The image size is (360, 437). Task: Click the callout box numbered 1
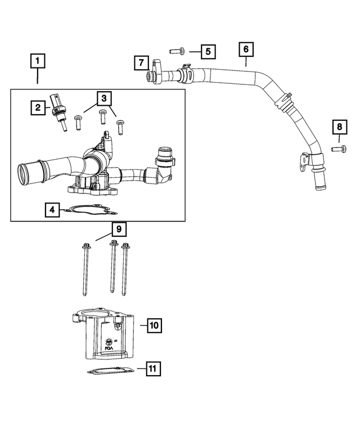pyautogui.click(x=38, y=60)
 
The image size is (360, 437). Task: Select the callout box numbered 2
pyautogui.click(x=38, y=107)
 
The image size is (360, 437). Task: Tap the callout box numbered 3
pyautogui.click(x=103, y=98)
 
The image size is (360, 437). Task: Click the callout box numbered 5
pyautogui.click(x=208, y=52)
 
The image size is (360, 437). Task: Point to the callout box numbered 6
pyautogui.click(x=246, y=49)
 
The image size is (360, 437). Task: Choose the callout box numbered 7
pyautogui.click(x=141, y=62)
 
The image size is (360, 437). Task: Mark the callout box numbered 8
pyautogui.click(x=339, y=127)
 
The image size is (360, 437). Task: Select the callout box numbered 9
pyautogui.click(x=118, y=229)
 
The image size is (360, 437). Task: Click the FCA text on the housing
pyautogui.click(x=109, y=349)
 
